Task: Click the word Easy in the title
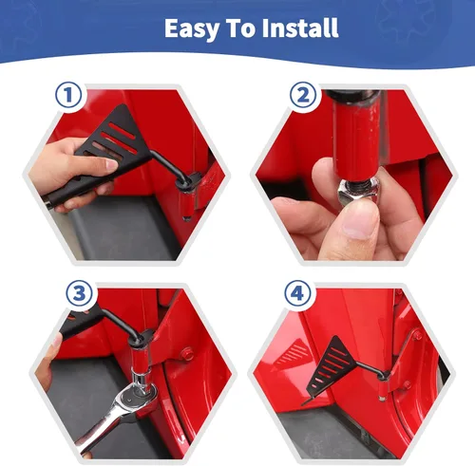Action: click(192, 28)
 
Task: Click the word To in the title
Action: click(240, 28)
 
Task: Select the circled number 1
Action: click(68, 95)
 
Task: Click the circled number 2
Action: click(303, 95)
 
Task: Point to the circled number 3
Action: click(80, 294)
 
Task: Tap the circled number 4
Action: click(297, 294)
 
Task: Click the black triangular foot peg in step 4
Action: click(331, 363)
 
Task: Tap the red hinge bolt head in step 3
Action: click(188, 354)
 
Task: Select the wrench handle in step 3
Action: click(99, 430)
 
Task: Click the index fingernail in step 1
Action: click(111, 164)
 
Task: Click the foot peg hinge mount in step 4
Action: click(383, 376)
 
